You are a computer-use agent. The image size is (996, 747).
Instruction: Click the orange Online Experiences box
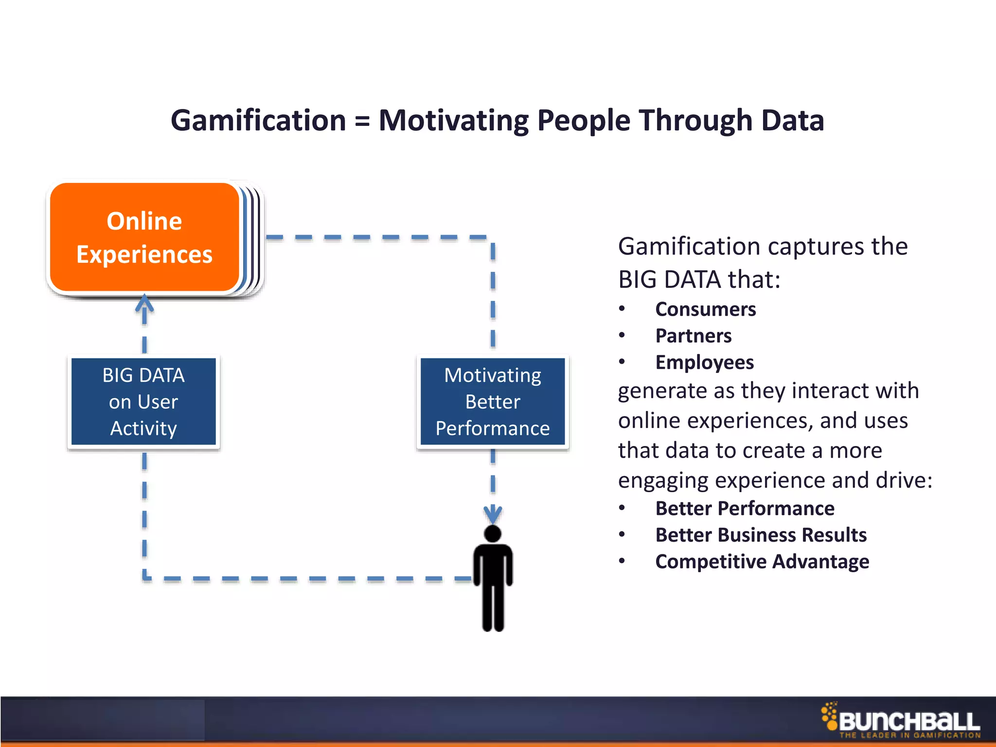[x=144, y=237]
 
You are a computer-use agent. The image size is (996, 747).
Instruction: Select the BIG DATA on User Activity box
[x=143, y=402]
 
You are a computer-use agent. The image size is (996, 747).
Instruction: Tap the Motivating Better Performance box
[x=493, y=402]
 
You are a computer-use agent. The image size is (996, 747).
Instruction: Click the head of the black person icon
[x=493, y=534]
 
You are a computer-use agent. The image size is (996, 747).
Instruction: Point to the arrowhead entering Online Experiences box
[x=144, y=302]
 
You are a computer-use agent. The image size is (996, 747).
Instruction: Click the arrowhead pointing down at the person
[x=493, y=515]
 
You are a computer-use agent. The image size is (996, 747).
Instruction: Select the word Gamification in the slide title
[x=258, y=121]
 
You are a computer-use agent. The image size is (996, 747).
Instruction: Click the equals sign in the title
[x=362, y=121]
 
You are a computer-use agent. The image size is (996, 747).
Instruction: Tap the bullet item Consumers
[x=705, y=309]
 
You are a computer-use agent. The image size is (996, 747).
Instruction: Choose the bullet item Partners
[x=693, y=336]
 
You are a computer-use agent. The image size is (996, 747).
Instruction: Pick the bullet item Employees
[x=704, y=363]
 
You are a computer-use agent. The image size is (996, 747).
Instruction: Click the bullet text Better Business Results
[x=761, y=535]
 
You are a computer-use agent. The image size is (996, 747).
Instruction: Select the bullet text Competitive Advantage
[x=762, y=562]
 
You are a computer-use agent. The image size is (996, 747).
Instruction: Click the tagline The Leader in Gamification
[x=909, y=735]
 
